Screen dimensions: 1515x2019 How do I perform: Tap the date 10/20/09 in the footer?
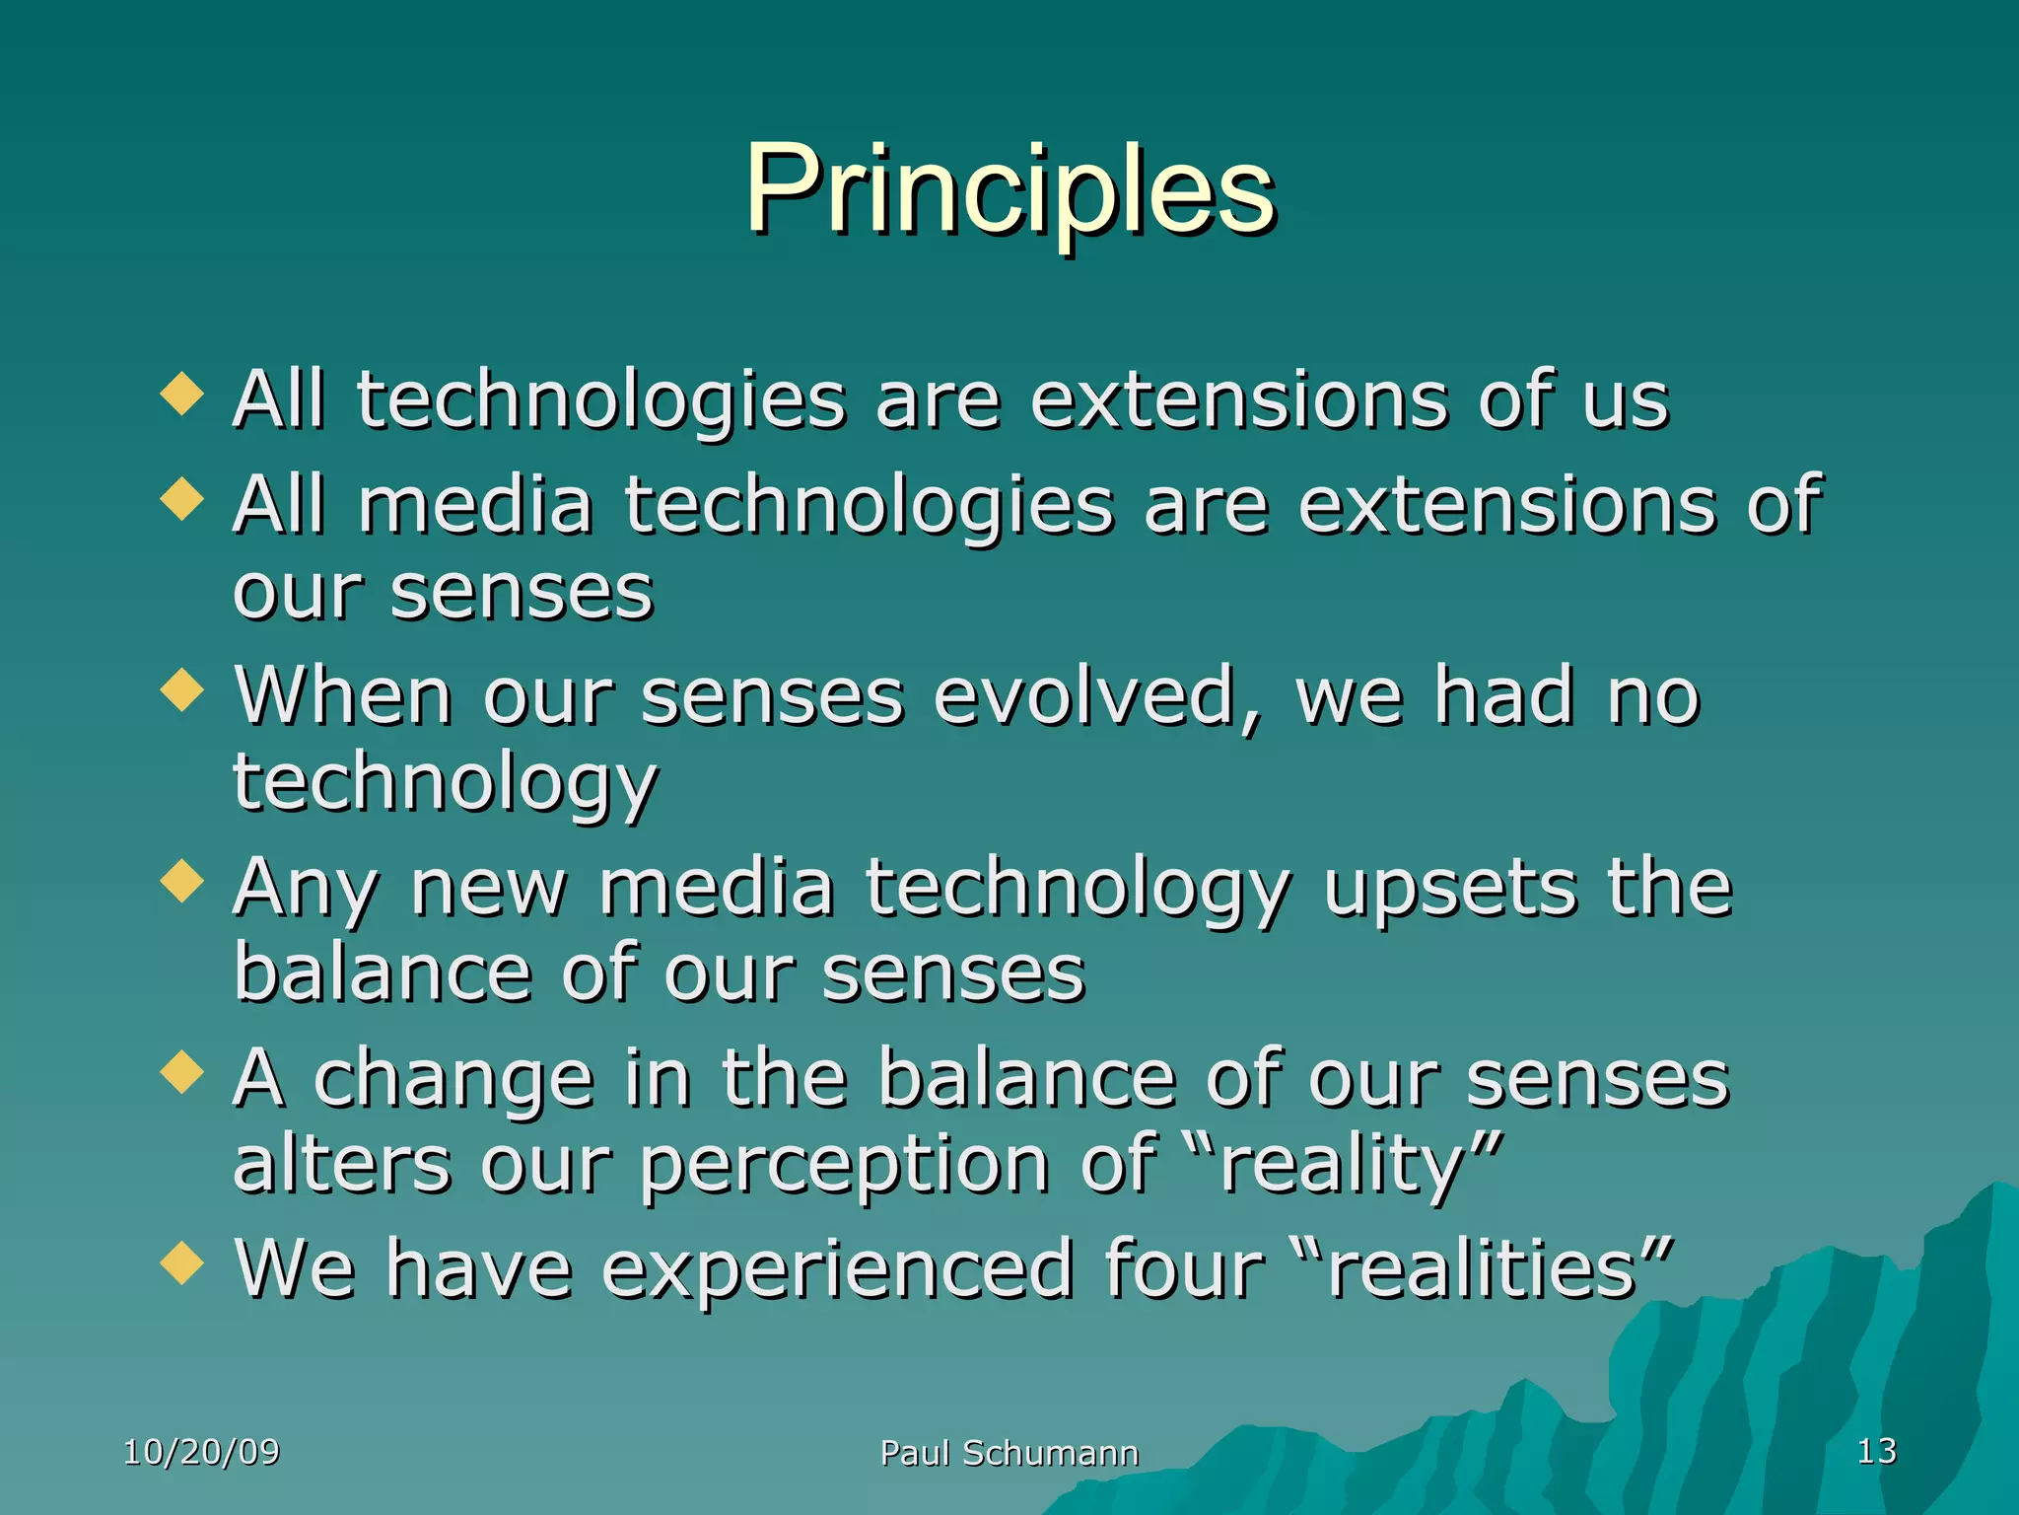(201, 1452)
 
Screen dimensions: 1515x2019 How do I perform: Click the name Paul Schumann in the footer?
(1009, 1453)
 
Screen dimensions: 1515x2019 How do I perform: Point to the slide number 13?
(1876, 1451)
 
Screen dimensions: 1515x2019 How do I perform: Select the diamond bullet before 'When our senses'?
(181, 689)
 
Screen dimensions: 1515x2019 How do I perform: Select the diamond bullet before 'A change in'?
(181, 1072)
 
